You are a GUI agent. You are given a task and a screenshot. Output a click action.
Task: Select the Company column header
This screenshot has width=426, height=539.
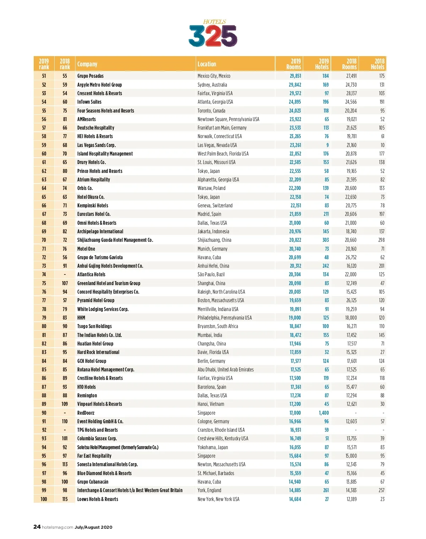pyautogui.click(x=87, y=64)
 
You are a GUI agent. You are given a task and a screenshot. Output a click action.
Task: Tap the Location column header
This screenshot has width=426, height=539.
pyautogui.click(x=207, y=64)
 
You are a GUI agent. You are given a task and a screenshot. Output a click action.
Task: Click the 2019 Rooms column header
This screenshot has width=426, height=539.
pyautogui.click(x=294, y=64)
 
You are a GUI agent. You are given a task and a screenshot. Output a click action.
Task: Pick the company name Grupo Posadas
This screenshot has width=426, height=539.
pyautogui.click(x=91, y=76)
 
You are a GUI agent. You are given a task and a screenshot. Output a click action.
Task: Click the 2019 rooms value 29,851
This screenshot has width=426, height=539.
pyautogui.click(x=295, y=76)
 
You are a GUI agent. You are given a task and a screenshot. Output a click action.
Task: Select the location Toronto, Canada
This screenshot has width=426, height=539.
pyautogui.click(x=212, y=111)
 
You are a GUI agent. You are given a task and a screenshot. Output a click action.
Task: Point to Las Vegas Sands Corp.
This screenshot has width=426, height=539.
pyautogui.click(x=97, y=145)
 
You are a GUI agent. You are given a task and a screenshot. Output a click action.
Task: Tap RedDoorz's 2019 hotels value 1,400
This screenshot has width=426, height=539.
pyautogui.click(x=323, y=413)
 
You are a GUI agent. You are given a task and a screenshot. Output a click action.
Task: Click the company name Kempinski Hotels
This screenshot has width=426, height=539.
pyautogui.click(x=93, y=206)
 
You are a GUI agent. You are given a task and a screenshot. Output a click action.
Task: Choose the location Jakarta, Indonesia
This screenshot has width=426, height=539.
pyautogui.click(x=213, y=232)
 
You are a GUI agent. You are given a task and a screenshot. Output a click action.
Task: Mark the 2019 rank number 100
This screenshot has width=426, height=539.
pyautogui.click(x=44, y=499)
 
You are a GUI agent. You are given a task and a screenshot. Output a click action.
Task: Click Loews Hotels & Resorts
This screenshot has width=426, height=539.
pyautogui.click(x=98, y=499)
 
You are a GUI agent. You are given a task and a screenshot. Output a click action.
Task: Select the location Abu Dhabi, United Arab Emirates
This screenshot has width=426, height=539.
pyautogui.click(x=225, y=370)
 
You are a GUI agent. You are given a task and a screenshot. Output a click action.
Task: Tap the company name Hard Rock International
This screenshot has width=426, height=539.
pyautogui.click(x=98, y=352)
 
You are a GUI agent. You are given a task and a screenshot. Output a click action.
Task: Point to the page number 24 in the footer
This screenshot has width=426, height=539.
pyautogui.click(x=37, y=527)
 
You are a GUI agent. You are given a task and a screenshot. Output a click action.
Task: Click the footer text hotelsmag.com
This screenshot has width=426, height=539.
pyautogui.click(x=58, y=527)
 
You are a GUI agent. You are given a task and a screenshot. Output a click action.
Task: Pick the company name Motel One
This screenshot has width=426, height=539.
pyautogui.click(x=86, y=249)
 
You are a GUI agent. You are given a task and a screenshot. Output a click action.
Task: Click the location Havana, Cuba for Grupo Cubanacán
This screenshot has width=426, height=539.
pyautogui.click(x=209, y=482)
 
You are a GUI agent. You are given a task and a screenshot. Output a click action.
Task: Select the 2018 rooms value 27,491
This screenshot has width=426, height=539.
pyautogui.click(x=351, y=76)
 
